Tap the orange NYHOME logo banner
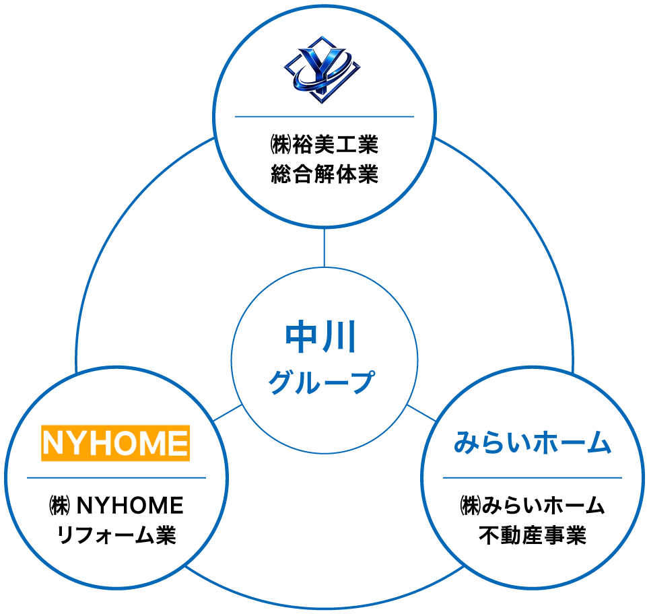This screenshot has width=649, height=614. pos(115,442)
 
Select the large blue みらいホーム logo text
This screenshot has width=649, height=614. pos(532,444)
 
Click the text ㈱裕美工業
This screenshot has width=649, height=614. pos(324,145)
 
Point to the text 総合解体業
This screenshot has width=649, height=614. pos(324,175)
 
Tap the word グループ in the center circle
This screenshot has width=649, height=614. pos(321,382)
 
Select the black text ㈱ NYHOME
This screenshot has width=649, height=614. pos(116,505)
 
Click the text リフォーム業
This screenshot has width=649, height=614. pos(116,536)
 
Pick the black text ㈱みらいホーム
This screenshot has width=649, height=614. pos(532,505)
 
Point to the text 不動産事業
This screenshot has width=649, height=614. pos(532,536)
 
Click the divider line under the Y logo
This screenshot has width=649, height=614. pos(324,116)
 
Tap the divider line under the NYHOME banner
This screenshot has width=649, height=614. pos(116,477)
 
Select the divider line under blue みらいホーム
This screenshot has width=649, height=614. pos(532,477)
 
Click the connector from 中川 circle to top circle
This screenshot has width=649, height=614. pos(324,247)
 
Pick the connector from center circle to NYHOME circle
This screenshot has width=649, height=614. pos(228,413)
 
